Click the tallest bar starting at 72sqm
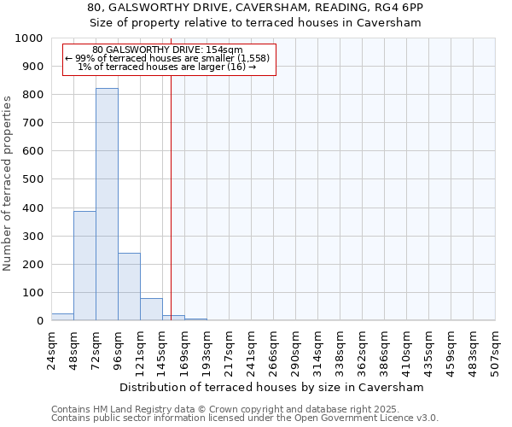107,205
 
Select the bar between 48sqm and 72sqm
84,266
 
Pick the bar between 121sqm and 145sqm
151,309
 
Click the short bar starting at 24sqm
62,317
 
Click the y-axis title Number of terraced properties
9,182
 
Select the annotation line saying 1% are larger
167,67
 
